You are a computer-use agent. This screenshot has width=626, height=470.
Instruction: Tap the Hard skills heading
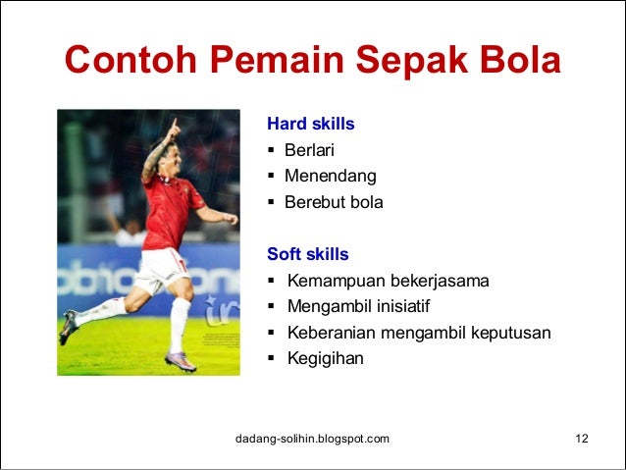pyautogui.click(x=310, y=125)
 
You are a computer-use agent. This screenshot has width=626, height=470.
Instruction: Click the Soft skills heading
pyautogui.click(x=307, y=254)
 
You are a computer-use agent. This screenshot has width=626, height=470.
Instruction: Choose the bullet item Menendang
pyautogui.click(x=330, y=177)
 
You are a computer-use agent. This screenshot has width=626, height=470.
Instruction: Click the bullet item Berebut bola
pyautogui.click(x=334, y=203)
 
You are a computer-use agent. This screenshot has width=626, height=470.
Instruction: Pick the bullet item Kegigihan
pyautogui.click(x=325, y=358)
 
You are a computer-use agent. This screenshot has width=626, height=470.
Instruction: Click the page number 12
pyautogui.click(x=581, y=438)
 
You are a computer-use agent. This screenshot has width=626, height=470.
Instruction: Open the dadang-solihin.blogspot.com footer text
pyautogui.click(x=313, y=438)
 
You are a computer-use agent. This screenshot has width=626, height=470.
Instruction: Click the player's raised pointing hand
pyautogui.click(x=174, y=128)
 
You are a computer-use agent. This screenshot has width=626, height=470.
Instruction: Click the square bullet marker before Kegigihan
pyautogui.click(x=271, y=358)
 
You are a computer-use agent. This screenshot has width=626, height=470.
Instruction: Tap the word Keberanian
pyautogui.click(x=332, y=333)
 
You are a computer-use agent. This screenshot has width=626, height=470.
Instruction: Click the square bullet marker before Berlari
pyautogui.click(x=271, y=151)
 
